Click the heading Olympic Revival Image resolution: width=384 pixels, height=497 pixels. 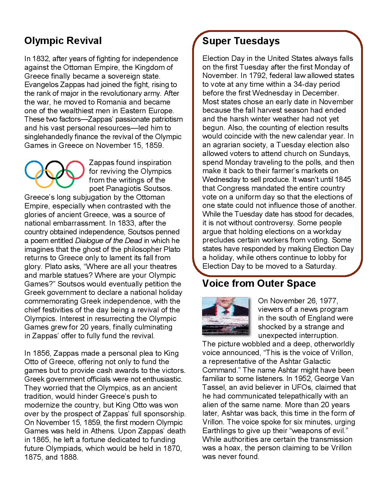(63, 41)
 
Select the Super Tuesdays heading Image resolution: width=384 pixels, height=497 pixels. (241, 41)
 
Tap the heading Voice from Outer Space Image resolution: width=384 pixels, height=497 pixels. (259, 283)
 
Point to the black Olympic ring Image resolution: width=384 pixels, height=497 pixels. (55, 170)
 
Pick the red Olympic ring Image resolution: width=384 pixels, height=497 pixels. (75, 170)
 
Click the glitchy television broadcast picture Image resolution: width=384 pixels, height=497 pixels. (226, 316)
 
